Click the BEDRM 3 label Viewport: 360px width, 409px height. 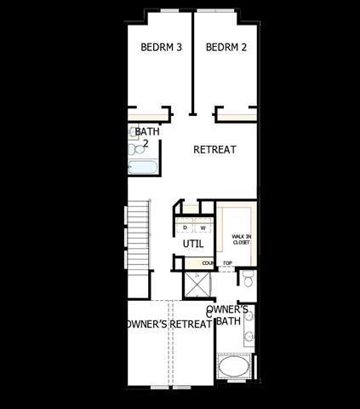click(x=162, y=47)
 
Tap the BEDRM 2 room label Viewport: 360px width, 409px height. click(x=226, y=47)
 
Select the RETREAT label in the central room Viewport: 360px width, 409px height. click(x=214, y=150)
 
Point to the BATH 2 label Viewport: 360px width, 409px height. click(x=147, y=137)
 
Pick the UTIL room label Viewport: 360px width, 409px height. click(x=193, y=244)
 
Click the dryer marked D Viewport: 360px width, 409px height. click(x=186, y=228)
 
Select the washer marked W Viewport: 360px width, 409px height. click(x=203, y=228)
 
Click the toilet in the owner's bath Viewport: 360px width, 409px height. click(x=248, y=279)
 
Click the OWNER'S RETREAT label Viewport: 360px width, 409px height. click(x=168, y=324)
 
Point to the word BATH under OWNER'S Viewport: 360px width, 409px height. click(x=227, y=321)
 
